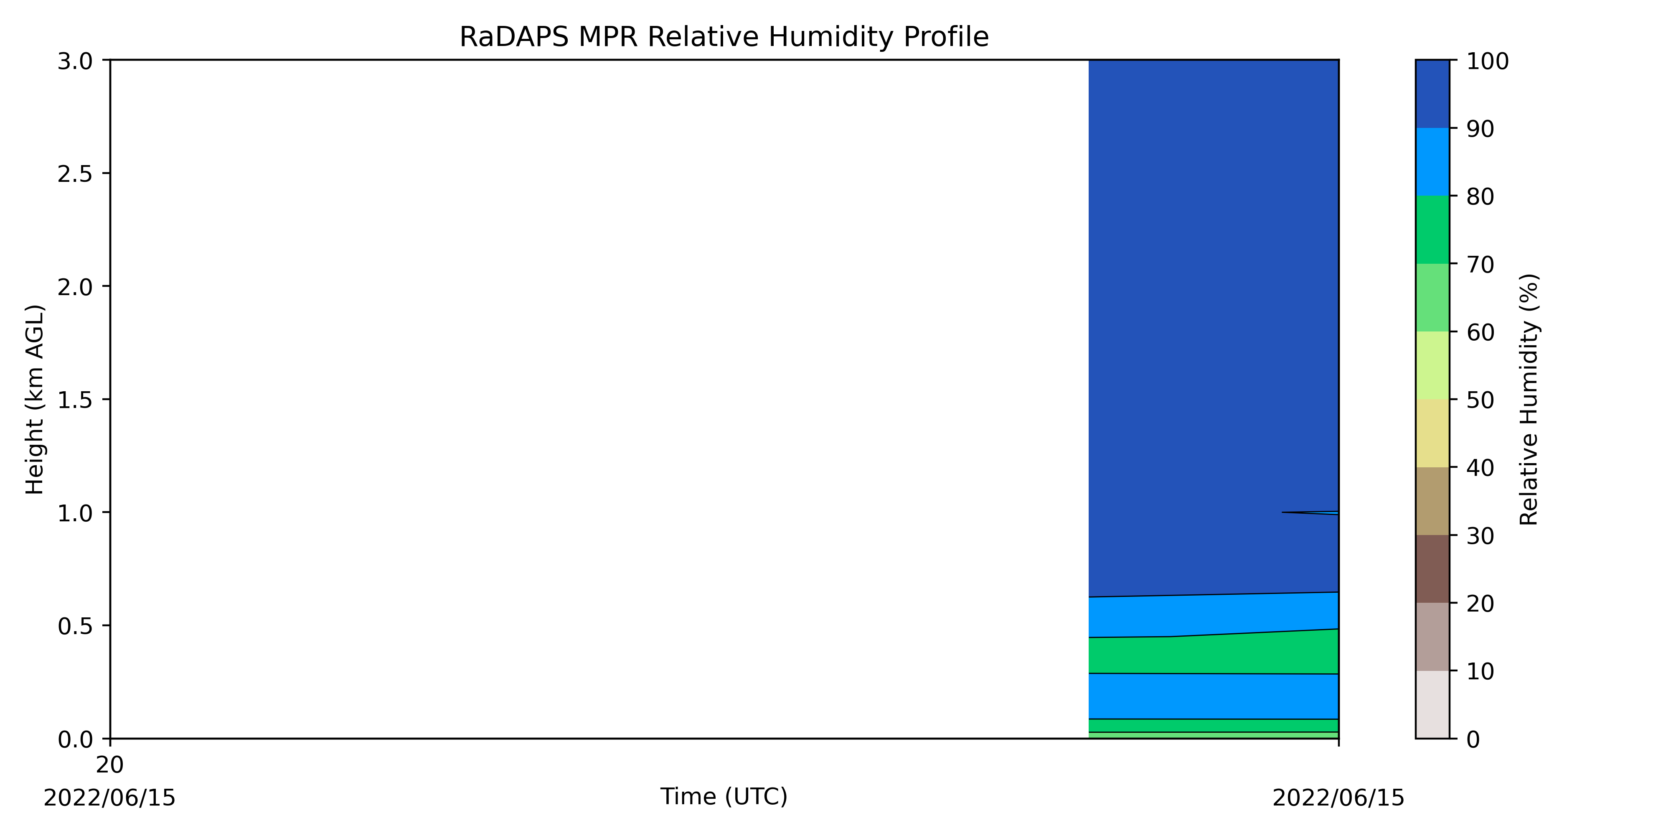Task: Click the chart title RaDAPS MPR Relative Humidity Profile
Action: pos(724,37)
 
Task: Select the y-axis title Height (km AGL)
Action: pos(35,399)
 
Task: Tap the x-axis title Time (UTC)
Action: pos(724,796)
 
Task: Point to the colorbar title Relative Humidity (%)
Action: pos(1529,399)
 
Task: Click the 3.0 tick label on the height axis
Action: pos(75,62)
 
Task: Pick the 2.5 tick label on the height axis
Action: pos(75,174)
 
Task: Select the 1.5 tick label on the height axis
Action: pos(75,400)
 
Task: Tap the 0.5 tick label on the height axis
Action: pos(75,626)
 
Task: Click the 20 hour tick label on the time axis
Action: pos(109,765)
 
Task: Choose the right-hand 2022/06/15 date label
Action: pos(1338,798)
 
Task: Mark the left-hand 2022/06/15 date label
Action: pos(109,798)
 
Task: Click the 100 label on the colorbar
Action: pos(1488,62)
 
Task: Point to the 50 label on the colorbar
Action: pos(1481,400)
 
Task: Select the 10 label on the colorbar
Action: pos(1481,671)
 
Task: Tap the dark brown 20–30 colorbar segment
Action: pos(1432,569)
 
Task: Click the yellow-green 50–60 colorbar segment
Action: pos(1432,365)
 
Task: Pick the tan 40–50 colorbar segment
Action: pos(1432,433)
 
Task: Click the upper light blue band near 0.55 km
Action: pos(1214,614)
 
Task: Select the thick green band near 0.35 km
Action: pos(1214,654)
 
